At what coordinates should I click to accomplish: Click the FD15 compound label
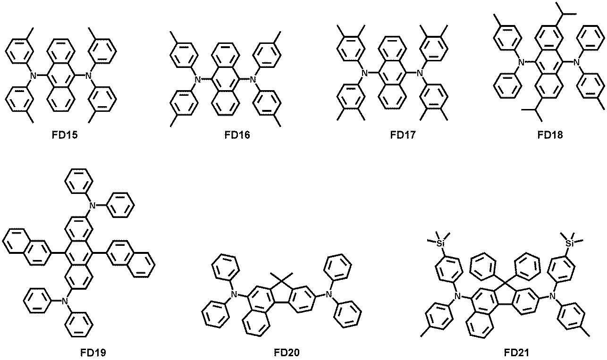pos(65,134)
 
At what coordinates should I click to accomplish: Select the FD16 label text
pos(237,134)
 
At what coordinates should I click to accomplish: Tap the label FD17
pos(403,134)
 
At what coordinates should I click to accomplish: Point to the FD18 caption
pos(550,134)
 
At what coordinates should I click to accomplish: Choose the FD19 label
pos(93,352)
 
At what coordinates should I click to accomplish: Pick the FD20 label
pos(287,352)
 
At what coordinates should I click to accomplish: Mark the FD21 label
pos(516,352)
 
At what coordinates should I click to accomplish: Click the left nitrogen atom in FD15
pos(33,75)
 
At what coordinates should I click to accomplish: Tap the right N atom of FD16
pos(253,79)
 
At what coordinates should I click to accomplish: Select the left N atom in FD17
pos(365,73)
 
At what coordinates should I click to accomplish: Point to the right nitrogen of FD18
pos(576,63)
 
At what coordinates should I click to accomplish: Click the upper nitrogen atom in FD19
pos(93,206)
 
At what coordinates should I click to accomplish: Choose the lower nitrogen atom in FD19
pos(65,301)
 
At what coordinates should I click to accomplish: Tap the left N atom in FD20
pos(235,294)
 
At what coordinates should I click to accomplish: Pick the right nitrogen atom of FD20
pos(329,294)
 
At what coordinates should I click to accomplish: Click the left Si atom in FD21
pos(440,243)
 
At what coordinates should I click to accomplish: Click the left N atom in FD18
pos(521,63)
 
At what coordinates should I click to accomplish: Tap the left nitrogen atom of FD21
pos(458,296)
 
